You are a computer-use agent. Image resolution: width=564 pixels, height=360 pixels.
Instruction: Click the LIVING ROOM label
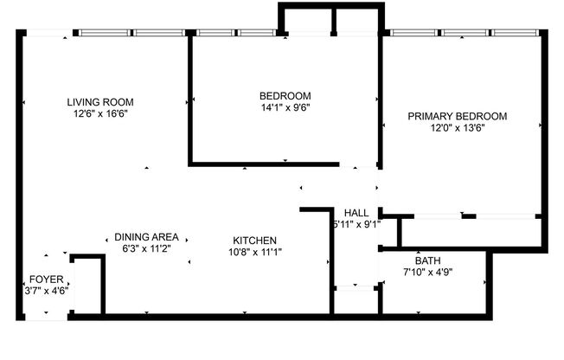[x=102, y=102]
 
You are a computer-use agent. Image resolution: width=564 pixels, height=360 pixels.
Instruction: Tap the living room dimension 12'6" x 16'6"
[x=102, y=112]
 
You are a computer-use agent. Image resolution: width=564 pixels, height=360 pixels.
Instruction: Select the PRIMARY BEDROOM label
[x=458, y=116]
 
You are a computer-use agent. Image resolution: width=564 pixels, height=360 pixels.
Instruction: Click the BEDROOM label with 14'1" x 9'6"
[x=285, y=96]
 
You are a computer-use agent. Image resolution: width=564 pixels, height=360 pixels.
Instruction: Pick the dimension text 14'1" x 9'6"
[x=285, y=107]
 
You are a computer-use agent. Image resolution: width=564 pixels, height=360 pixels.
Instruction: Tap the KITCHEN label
[x=254, y=241]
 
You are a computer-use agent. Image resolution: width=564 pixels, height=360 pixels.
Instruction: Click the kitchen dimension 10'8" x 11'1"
[x=254, y=252]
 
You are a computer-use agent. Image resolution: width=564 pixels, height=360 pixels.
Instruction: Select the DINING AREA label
[x=146, y=237]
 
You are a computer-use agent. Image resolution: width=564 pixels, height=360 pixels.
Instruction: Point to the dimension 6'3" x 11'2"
[x=146, y=248]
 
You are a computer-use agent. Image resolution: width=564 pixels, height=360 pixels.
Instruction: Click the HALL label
[x=356, y=213]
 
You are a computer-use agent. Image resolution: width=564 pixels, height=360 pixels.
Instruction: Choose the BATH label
[x=427, y=260]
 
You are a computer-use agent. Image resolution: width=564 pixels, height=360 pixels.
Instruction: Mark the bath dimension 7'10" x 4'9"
[x=427, y=272]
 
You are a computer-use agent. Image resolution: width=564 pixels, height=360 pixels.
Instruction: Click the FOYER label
[x=46, y=280]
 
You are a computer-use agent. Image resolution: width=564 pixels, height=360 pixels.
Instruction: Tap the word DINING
[x=132, y=237]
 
